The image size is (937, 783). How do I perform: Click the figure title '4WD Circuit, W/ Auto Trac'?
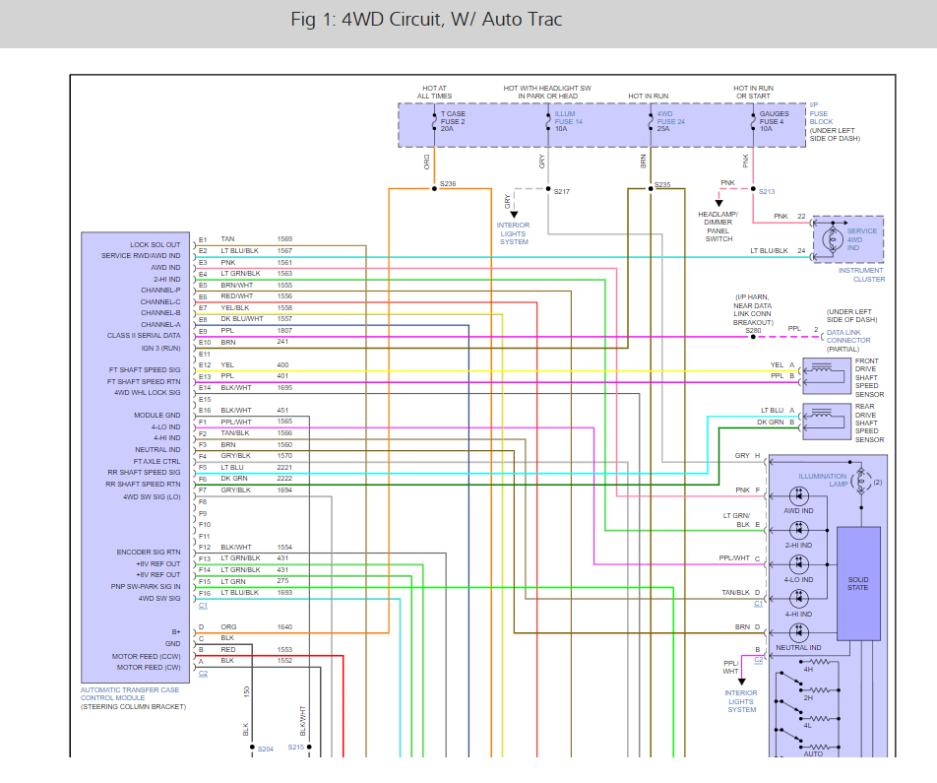(427, 20)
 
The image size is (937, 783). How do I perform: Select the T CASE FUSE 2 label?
(454, 121)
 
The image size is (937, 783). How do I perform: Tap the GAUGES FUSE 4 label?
(774, 121)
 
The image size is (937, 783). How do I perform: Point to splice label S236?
(448, 184)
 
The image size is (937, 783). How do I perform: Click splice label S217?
(562, 191)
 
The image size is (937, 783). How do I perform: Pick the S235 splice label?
(662, 184)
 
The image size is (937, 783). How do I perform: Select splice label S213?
(767, 191)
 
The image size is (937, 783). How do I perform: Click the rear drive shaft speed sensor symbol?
(824, 416)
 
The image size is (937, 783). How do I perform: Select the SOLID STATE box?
(858, 581)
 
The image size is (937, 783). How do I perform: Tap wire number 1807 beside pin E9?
(284, 331)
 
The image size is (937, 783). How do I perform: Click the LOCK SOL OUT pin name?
(155, 245)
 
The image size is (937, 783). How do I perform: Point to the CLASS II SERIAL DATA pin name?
(144, 336)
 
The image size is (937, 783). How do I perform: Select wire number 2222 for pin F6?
(284, 479)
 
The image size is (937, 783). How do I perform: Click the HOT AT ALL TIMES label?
(434, 93)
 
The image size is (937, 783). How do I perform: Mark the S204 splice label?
(264, 750)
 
